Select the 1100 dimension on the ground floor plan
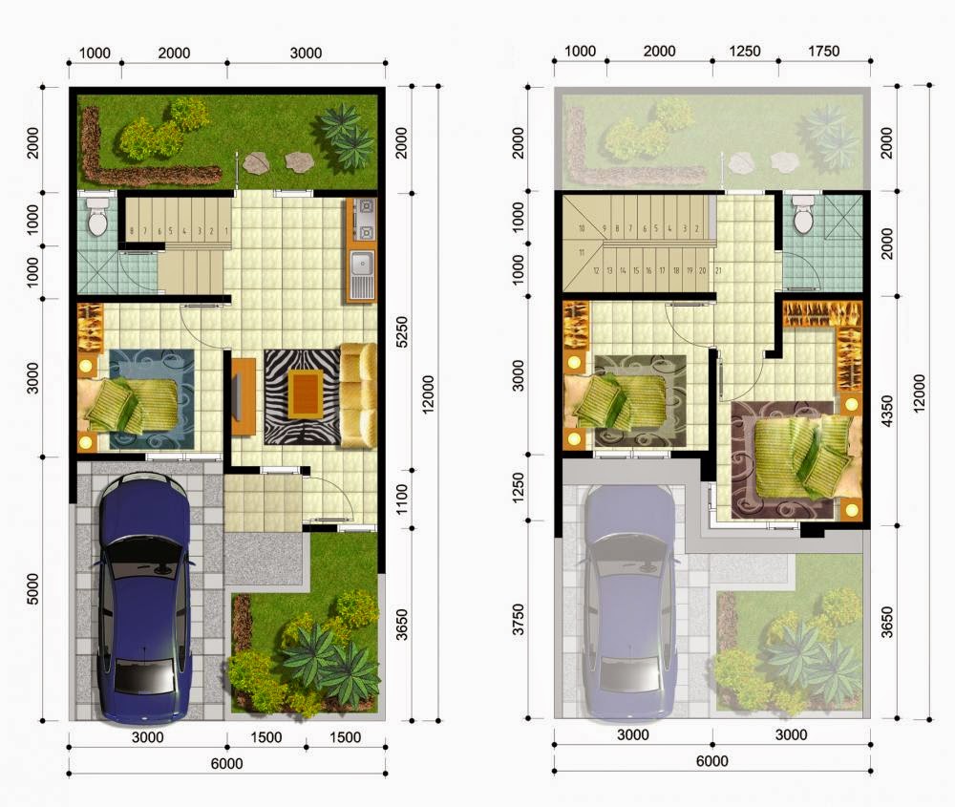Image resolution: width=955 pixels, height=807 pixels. coord(401,496)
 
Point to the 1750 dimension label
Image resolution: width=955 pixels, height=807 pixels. coord(824,52)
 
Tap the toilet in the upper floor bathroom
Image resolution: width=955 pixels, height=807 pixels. coord(803,217)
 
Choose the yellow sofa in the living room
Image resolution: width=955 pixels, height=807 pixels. coord(358,394)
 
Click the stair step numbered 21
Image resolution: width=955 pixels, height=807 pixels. coord(717,270)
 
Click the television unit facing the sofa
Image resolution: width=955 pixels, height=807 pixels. coord(241,394)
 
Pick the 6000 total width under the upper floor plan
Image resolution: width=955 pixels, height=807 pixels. coord(711,761)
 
